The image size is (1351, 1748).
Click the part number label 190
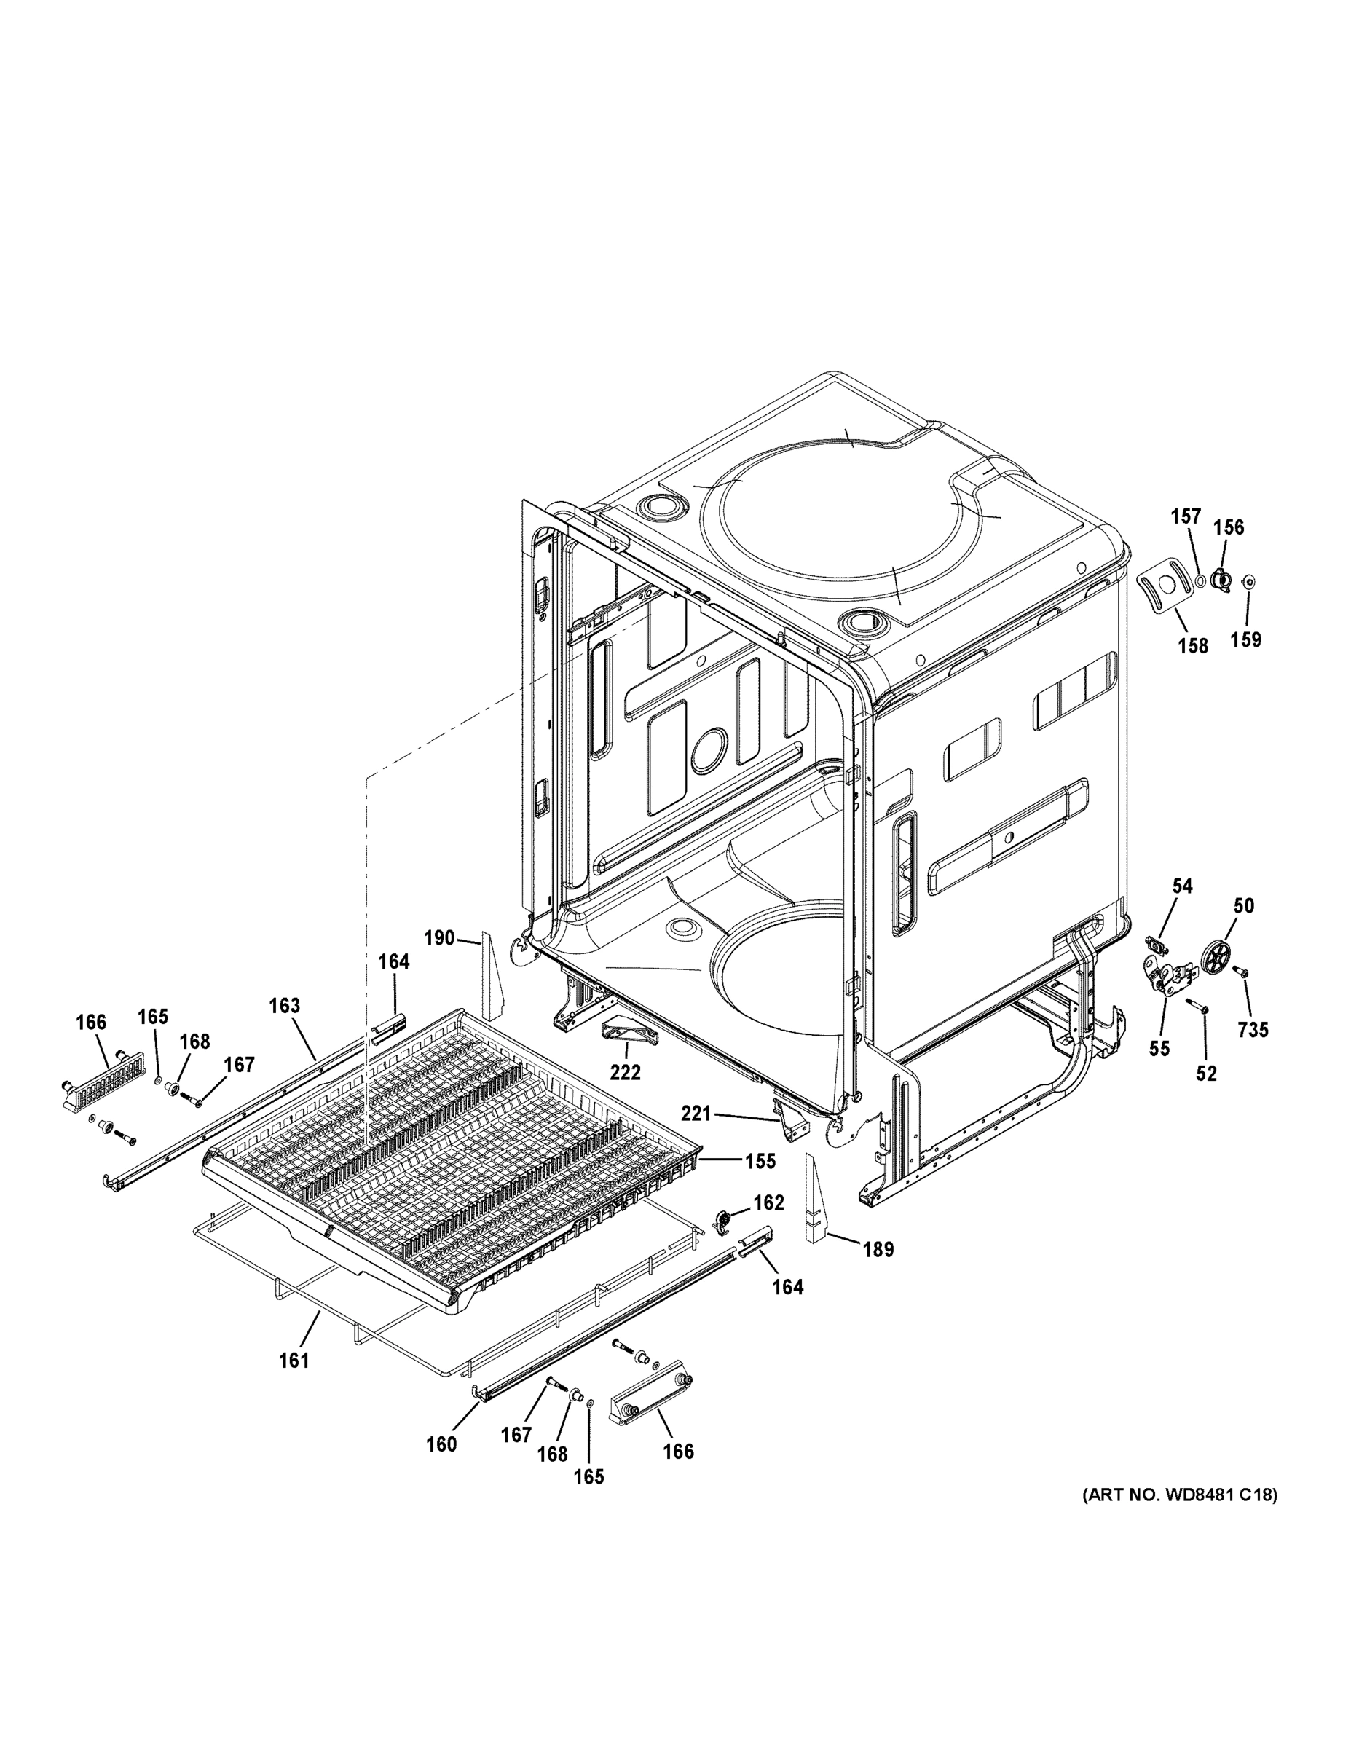[439, 938]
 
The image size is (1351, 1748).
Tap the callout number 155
[760, 1160]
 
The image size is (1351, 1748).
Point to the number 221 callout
[696, 1111]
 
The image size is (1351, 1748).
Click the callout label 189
[878, 1248]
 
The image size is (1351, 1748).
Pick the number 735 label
[1253, 1030]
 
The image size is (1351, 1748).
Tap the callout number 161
[294, 1360]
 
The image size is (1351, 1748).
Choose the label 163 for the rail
[284, 1006]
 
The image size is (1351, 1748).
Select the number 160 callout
[441, 1444]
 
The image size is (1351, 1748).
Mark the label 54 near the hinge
[1182, 886]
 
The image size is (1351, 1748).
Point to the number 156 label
[1229, 527]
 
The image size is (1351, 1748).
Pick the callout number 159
[1245, 639]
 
